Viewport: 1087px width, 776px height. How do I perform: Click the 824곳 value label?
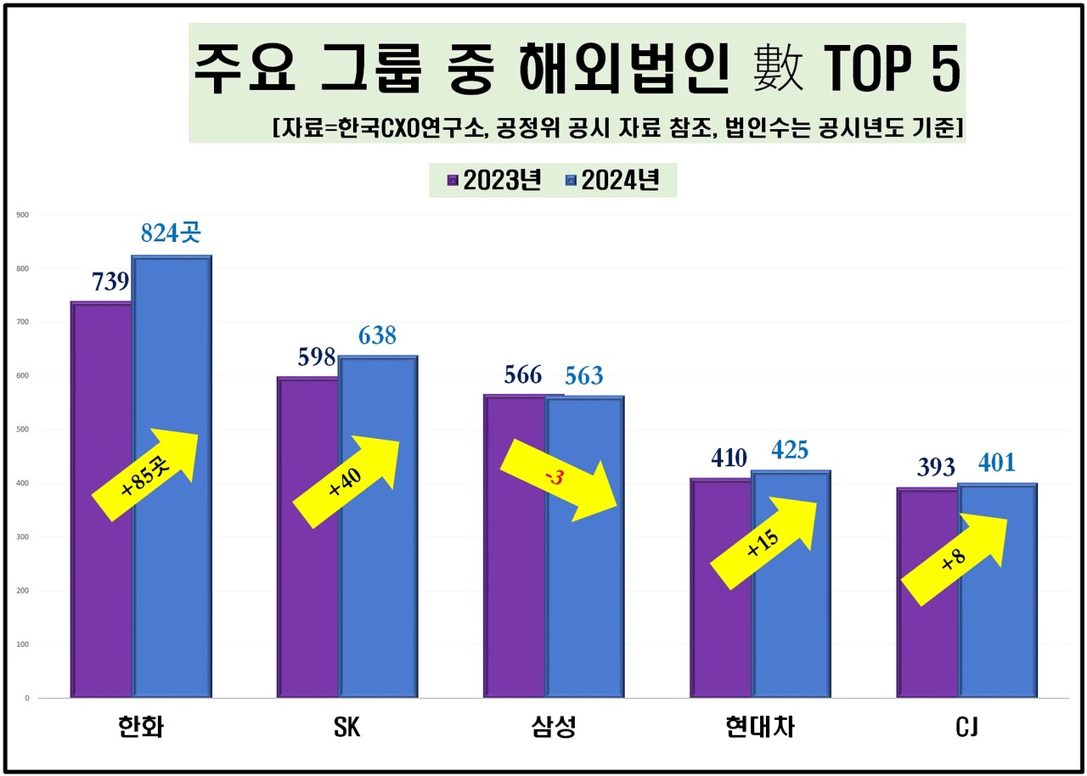pos(171,233)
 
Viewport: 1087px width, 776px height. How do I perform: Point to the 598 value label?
pos(316,357)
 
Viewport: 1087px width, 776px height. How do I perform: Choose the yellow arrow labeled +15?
pos(763,544)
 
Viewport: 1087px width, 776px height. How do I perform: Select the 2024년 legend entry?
pos(611,181)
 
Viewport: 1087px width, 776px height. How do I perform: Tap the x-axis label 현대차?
pos(760,728)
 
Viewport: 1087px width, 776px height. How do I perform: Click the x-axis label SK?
pos(346,728)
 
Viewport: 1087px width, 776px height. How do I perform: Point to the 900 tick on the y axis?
pos(23,215)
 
